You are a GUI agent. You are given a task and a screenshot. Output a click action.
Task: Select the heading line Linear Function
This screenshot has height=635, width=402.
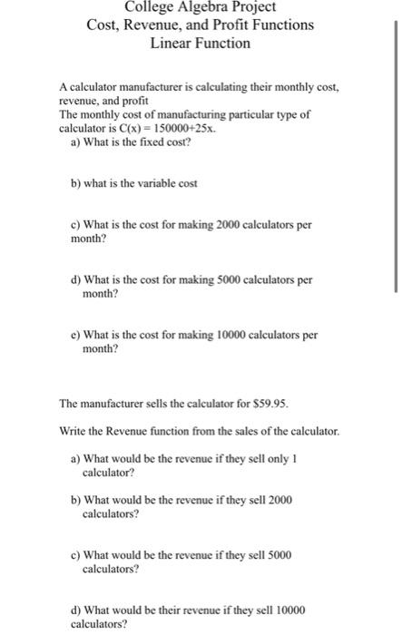201,43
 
